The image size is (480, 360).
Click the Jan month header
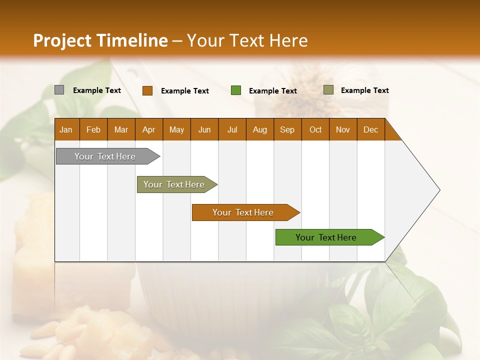[x=66, y=129]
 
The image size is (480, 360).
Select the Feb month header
[x=93, y=129]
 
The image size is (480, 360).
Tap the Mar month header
[x=121, y=129]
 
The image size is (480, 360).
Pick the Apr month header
[x=149, y=129]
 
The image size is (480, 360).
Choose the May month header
[x=176, y=129]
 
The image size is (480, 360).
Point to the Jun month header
[x=204, y=129]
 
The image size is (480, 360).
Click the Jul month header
[x=232, y=129]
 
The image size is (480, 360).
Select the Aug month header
[x=260, y=129]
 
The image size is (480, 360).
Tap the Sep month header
[x=287, y=129]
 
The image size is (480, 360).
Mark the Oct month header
[x=315, y=129]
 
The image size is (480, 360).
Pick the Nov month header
[x=343, y=129]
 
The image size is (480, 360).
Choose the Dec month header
[x=371, y=129]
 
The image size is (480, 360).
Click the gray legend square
[x=59, y=90]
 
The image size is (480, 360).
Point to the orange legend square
[x=147, y=90]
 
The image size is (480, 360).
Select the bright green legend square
[x=236, y=90]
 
